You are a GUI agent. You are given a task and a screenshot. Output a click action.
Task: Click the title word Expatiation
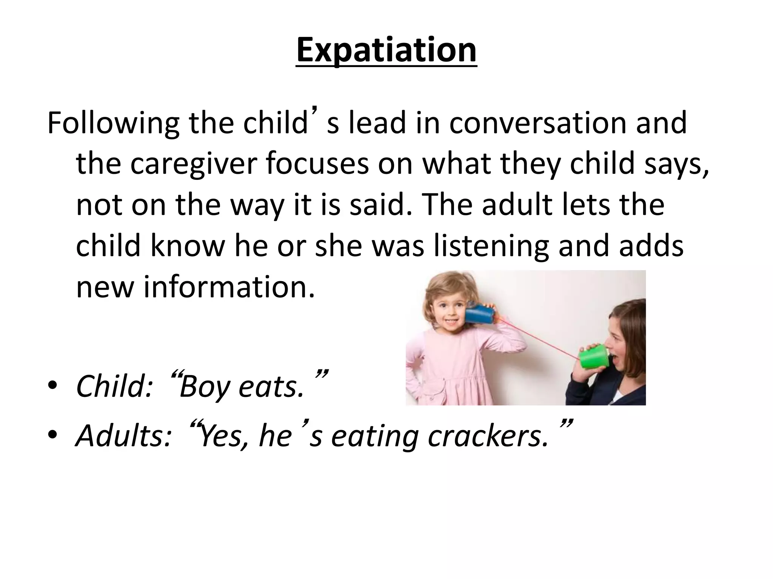(x=386, y=51)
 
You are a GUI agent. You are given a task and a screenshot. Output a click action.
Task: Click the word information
(x=229, y=286)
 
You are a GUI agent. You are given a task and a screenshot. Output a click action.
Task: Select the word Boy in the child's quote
(x=204, y=387)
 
